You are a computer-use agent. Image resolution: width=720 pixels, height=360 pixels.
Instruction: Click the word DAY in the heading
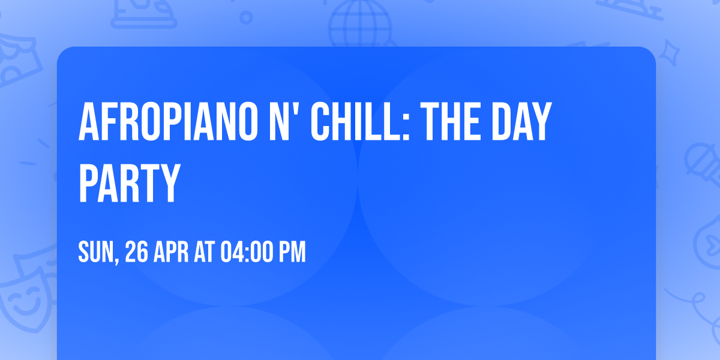tap(519, 122)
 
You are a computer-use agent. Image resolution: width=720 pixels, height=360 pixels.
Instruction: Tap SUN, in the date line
tap(99, 252)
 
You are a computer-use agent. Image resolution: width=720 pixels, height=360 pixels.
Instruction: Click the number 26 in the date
tap(137, 252)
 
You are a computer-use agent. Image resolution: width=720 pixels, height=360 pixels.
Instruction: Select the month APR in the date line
tap(170, 252)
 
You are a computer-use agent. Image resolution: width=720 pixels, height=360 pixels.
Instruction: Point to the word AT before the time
tap(205, 252)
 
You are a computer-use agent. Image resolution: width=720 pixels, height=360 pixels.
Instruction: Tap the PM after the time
tap(292, 252)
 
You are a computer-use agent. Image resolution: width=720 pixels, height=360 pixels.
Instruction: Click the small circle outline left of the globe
tap(246, 17)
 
